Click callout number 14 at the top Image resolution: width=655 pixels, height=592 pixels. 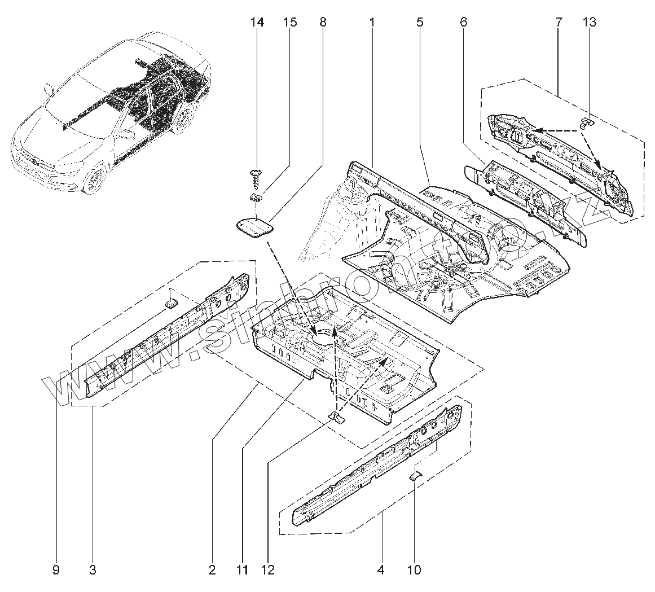pos(257,23)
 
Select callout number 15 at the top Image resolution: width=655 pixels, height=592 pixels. pos(290,23)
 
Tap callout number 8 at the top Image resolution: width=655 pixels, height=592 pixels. pos(322,23)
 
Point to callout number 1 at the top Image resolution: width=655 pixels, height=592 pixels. pos(372,23)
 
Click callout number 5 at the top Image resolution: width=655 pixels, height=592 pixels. pos(420,23)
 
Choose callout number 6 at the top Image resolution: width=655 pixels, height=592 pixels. pos(463,23)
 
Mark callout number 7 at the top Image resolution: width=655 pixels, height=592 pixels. pos(559,23)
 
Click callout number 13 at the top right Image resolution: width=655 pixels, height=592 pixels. pos(590,23)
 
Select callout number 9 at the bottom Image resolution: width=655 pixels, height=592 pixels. pos(56,570)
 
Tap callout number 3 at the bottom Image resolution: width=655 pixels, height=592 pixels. pos(93,570)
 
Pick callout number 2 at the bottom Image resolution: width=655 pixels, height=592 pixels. pos(212,570)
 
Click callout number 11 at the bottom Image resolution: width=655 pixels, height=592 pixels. pos(242,570)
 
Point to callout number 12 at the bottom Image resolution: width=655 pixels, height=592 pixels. pos(267,570)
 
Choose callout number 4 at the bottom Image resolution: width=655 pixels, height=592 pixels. pos(380,570)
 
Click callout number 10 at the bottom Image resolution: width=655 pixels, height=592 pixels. pos(414,570)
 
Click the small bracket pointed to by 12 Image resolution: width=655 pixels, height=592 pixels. pos(337,418)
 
